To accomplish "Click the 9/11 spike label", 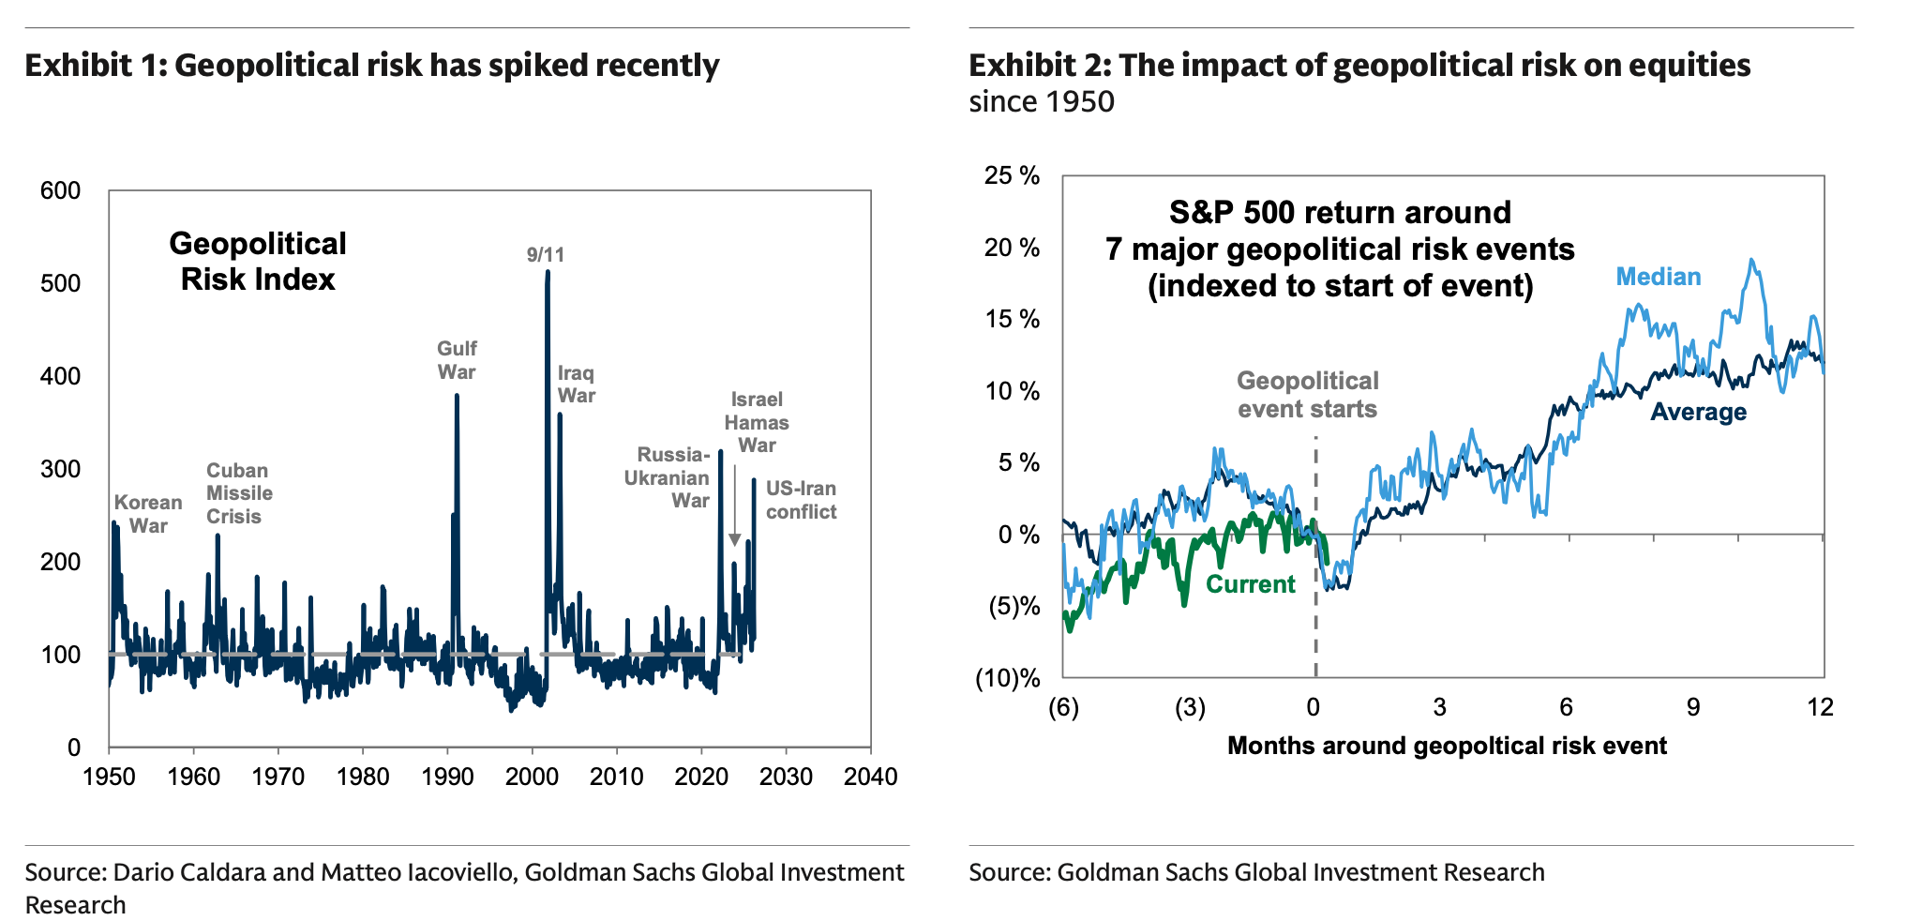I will [x=546, y=254].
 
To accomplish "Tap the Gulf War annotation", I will [x=457, y=360].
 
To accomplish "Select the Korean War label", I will [x=148, y=514].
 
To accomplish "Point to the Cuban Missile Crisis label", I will [x=239, y=493].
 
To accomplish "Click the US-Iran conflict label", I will [x=801, y=500].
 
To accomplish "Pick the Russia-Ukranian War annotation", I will [x=668, y=477].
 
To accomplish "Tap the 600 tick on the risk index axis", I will [x=61, y=191].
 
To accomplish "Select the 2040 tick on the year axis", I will [x=871, y=778].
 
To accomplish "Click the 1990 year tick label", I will [x=447, y=778].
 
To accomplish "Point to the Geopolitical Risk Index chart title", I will [x=258, y=262].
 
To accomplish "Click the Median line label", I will [x=1658, y=277].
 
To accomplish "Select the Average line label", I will [x=1698, y=412].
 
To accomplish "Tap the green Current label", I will [x=1250, y=584].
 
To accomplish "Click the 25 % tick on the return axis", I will [x=1012, y=176].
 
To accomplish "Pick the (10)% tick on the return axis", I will [x=1008, y=678].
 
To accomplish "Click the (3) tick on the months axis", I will [x=1190, y=707].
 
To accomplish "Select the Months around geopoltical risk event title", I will [x=1447, y=746].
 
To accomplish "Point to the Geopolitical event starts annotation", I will [x=1307, y=395].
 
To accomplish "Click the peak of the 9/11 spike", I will [x=548, y=272].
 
